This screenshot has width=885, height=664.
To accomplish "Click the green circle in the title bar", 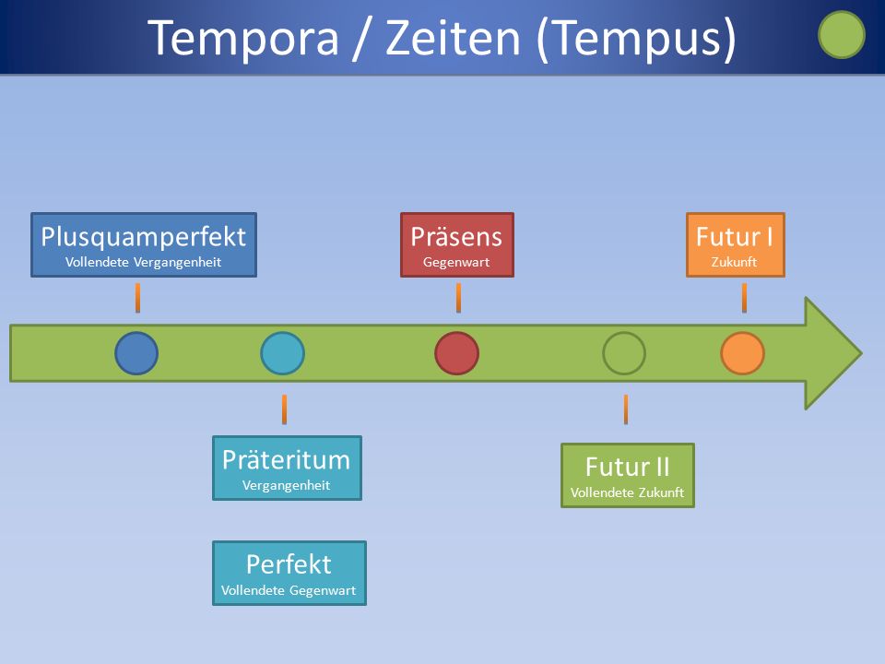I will pos(841,35).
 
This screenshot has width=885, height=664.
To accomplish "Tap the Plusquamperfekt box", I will pos(144,245).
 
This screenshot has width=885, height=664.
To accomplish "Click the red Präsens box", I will pos(456,245).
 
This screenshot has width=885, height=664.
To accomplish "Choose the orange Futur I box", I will pos(735,245).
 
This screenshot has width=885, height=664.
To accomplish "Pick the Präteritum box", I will pos(287,468).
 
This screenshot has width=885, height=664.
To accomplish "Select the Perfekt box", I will pos(289,573).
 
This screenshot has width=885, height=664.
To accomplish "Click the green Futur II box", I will pos(627,475).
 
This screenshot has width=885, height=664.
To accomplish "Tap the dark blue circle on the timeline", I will pos(136,353).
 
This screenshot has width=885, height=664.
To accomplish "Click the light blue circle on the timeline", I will pos(282,353).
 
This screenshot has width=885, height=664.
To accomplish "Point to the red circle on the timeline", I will pos(456,353).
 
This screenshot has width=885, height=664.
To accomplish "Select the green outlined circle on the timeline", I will pos(624,353).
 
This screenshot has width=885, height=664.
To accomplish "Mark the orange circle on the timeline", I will pos(742,353).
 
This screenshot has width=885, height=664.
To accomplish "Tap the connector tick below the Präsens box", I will pos(458,298).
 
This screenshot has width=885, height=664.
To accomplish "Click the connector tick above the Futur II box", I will pos(625,409).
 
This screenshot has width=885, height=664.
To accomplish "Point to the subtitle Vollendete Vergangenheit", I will pos(144,262).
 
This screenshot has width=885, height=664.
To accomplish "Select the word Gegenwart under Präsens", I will pos(456,262).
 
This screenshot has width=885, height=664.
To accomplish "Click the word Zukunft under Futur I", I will pos(735,262).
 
